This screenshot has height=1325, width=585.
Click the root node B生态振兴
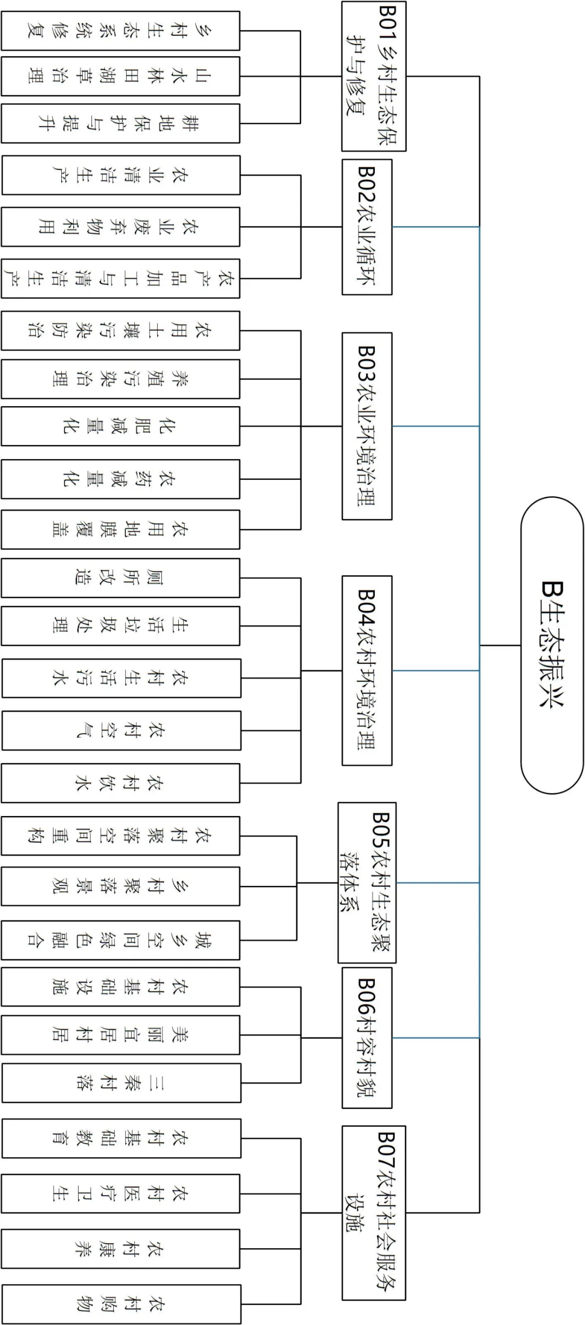552,645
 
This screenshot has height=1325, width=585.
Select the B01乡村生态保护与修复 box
374,76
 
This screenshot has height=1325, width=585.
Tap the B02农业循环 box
367,227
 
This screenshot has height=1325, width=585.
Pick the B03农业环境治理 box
367,426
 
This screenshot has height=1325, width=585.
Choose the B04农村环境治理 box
367,670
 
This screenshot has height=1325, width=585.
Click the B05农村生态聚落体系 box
367,883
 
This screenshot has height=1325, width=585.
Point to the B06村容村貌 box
367,1037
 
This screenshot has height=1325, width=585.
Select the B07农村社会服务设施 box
374,1212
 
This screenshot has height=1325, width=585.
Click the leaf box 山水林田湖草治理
120,76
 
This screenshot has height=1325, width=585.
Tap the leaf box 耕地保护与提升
120,123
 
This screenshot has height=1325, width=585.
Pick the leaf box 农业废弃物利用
120,227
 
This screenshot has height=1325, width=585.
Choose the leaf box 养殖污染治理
120,379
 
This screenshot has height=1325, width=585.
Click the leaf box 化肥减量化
120,426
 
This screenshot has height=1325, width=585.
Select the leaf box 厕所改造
120,578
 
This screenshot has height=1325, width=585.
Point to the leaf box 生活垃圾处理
120,626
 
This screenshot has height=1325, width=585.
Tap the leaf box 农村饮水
120,783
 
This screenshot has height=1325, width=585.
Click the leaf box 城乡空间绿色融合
120,940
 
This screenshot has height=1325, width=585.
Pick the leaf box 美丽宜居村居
120,1035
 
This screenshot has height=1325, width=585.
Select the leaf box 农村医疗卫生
120,1193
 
